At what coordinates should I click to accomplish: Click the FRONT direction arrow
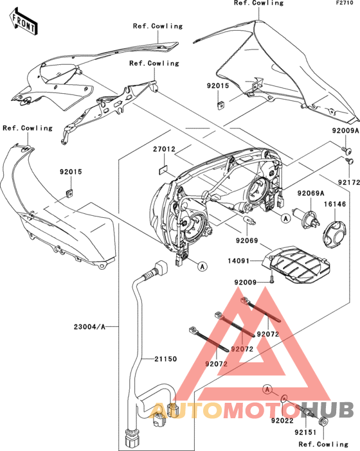click(x=24, y=22)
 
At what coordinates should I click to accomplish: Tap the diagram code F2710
click(x=345, y=3)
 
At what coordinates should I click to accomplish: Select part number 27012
click(x=164, y=149)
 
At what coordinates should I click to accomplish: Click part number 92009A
click(x=345, y=130)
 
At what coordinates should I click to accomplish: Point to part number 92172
click(x=348, y=182)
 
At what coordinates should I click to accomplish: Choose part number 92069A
click(x=310, y=193)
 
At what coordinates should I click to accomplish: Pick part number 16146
click(x=335, y=204)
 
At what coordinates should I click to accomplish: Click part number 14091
click(x=239, y=261)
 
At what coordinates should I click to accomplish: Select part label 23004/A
click(x=89, y=327)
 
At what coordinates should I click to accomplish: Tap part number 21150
click(x=165, y=359)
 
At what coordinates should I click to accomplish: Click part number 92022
click(x=282, y=421)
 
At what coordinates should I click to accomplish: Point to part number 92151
click(x=305, y=432)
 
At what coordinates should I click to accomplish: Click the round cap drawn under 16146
click(x=334, y=234)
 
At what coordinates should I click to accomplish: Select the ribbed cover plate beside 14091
click(x=296, y=264)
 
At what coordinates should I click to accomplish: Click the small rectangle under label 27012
click(x=164, y=170)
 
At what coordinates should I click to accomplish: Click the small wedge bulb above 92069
click(x=249, y=220)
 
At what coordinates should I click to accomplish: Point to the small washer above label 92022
click(x=283, y=398)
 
